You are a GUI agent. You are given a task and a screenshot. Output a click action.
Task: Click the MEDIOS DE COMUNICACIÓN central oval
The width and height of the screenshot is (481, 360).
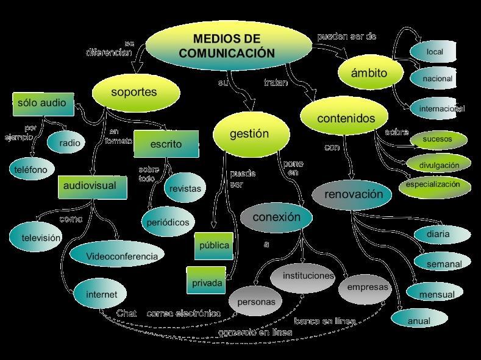[x=227, y=46]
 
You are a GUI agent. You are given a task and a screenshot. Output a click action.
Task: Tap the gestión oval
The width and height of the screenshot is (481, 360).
[x=249, y=134]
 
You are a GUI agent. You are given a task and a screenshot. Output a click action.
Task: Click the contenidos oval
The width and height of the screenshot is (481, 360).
[x=346, y=118]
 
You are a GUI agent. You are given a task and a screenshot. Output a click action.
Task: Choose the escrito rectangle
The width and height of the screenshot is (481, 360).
[x=166, y=144]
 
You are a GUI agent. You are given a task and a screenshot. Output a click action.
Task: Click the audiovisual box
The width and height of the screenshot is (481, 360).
[x=93, y=186]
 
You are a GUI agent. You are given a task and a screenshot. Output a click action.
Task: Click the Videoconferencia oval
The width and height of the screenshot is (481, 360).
[x=121, y=256]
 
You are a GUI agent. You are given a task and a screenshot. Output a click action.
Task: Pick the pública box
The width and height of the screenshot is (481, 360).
[x=214, y=245]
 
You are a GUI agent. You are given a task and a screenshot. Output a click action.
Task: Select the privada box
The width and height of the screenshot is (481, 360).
[x=207, y=283]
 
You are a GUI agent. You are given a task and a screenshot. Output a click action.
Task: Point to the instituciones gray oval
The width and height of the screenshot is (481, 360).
[x=308, y=276]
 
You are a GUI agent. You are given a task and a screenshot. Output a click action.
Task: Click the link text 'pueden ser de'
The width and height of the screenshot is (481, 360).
[x=346, y=37]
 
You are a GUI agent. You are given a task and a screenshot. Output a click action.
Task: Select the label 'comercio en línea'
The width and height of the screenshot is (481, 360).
[x=255, y=333]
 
